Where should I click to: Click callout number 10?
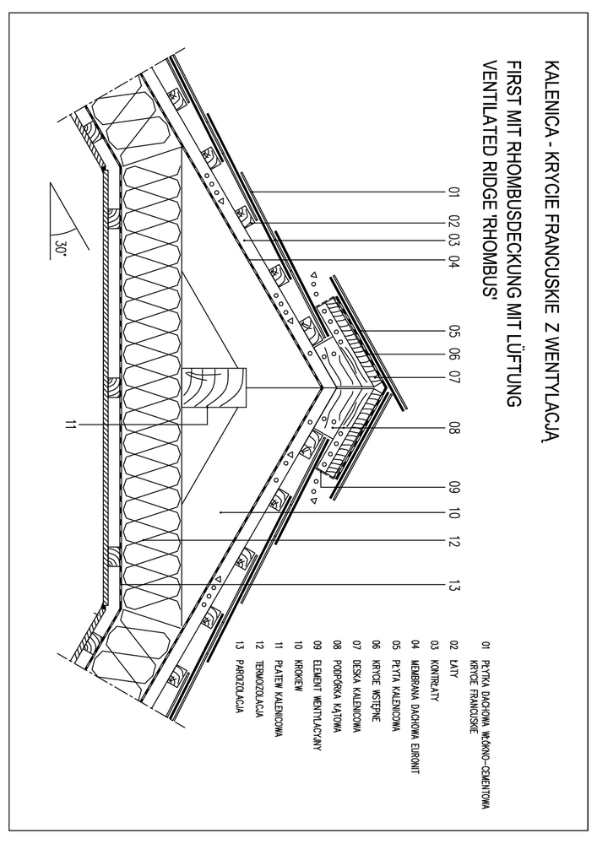[x=453, y=512]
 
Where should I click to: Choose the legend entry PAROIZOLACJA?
[x=241, y=684]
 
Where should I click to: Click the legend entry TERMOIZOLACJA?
[x=260, y=692]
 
